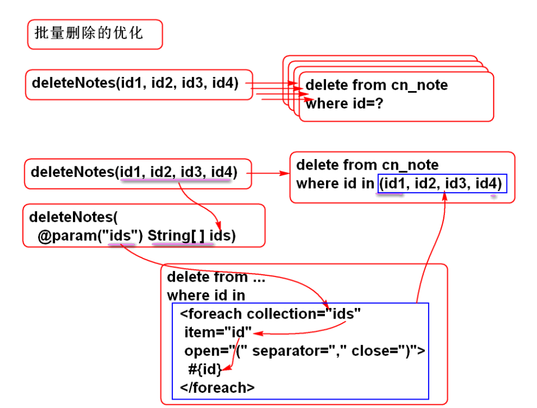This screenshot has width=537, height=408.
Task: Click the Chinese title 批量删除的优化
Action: (x=89, y=33)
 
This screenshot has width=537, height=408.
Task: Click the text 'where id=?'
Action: (x=344, y=103)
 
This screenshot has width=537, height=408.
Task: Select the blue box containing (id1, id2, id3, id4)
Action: (x=442, y=184)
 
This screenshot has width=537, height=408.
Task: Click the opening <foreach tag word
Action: (x=211, y=314)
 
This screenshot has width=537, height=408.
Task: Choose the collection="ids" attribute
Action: (x=304, y=314)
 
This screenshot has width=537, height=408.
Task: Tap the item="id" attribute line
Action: (x=218, y=332)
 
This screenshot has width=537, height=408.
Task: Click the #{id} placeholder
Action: (x=205, y=369)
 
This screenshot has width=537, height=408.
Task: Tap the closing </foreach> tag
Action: (x=217, y=387)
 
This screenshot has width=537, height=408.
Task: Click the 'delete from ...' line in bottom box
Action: (x=215, y=277)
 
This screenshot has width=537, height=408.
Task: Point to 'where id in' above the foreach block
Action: (x=206, y=295)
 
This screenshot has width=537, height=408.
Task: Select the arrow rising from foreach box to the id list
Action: (x=432, y=247)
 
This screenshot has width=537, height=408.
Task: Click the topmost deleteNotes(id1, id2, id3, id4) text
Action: (x=135, y=83)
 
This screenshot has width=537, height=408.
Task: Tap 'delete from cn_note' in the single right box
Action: (x=367, y=165)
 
